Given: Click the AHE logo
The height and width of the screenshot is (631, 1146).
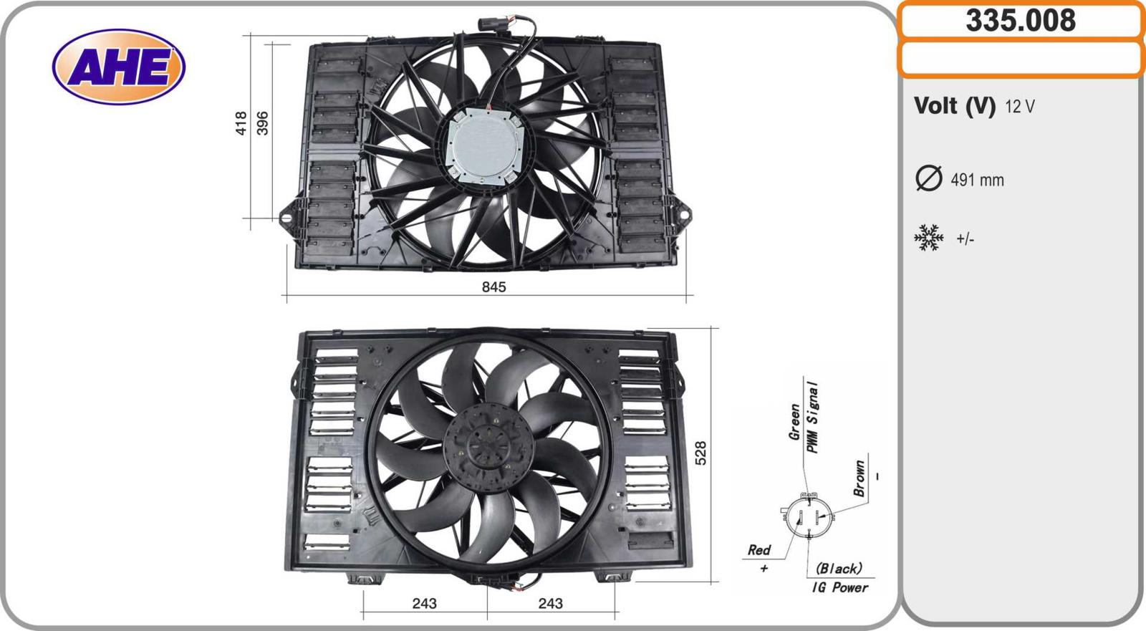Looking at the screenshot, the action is point(119,67).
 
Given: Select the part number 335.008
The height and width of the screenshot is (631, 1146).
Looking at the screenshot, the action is point(1021,21).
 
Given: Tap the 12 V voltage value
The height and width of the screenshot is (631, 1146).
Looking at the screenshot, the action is point(1020,107).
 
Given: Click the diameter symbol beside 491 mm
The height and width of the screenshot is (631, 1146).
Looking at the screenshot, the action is point(928,178).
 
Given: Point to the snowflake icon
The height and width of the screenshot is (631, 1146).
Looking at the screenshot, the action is point(928,238).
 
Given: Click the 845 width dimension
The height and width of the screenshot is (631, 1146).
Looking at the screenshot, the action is point(493,287).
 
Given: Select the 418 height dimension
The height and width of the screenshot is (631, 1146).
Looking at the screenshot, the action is point(241,123).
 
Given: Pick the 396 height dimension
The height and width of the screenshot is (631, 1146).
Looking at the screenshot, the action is point(262,123).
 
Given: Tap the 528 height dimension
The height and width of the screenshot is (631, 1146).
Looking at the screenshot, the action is point(700,453).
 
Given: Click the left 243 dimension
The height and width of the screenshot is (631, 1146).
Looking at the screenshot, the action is point(424,604).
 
